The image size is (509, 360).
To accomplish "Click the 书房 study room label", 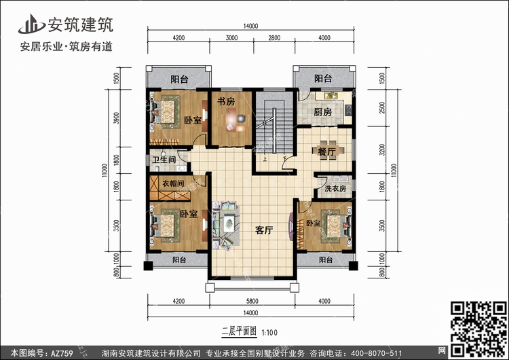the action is point(226,101).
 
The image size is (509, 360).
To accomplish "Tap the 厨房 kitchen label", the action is point(322,112).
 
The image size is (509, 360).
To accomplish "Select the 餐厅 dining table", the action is point(328,151).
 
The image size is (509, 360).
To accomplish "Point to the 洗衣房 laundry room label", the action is point(335,188).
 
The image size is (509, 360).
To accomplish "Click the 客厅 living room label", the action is point(264,230).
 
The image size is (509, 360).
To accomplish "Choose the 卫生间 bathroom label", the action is point(164,160).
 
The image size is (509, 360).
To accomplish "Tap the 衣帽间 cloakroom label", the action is point(173,183).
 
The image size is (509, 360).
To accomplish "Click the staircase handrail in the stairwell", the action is point(274,130).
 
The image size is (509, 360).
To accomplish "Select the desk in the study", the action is point(231,120).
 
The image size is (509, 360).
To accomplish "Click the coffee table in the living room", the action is point(229,223).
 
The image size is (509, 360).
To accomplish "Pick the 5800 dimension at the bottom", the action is point(252,301).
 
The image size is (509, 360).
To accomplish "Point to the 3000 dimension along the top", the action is point(231,37).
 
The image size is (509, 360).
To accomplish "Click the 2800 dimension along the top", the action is point(274,37).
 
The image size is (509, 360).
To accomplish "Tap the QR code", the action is point(478,329).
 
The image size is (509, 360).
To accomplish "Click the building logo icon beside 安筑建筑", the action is point(31,24).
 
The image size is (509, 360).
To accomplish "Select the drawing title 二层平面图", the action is point(240,331).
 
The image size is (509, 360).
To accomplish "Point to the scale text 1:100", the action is point(269,332).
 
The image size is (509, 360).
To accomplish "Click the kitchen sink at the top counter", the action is point(331,96).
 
